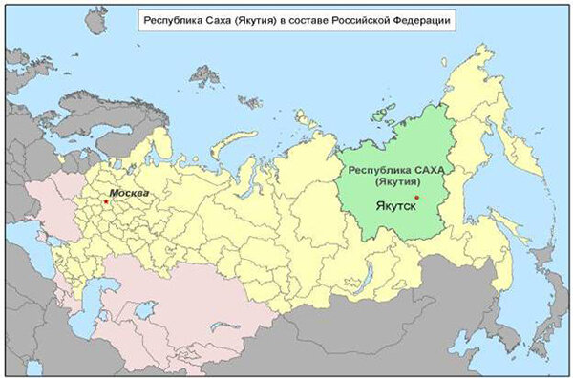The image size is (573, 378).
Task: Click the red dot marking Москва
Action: [x=106, y=201]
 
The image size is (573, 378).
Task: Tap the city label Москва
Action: [x=130, y=195]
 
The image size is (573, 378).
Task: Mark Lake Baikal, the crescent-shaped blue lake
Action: [x=366, y=277]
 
